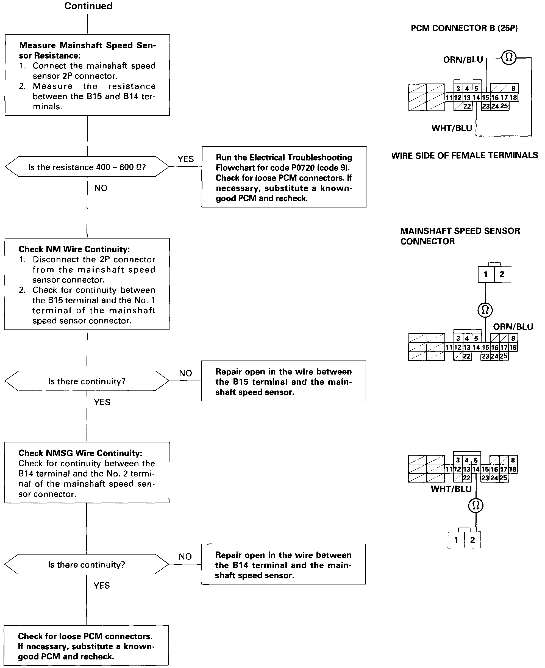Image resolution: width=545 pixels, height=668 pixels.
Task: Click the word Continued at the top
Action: pyautogui.click(x=88, y=6)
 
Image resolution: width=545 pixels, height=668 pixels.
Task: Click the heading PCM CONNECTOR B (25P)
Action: pyautogui.click(x=464, y=28)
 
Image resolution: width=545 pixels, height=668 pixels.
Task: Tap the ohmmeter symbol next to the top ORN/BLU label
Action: pyautogui.click(x=508, y=57)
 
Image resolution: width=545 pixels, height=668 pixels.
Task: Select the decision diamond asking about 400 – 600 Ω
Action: pyautogui.click(x=87, y=167)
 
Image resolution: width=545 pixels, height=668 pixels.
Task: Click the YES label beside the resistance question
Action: pyautogui.click(x=185, y=159)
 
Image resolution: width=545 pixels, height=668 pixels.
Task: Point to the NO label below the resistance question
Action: pyautogui.click(x=101, y=188)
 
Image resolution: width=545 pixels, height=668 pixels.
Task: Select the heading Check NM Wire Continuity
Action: pyautogui.click(x=74, y=249)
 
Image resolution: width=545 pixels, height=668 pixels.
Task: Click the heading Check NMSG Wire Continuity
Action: pyautogui.click(x=80, y=453)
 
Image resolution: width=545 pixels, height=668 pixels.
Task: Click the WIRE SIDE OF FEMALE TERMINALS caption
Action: pyautogui.click(x=464, y=156)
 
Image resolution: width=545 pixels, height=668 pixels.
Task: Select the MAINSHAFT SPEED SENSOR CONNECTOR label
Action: pyautogui.click(x=460, y=236)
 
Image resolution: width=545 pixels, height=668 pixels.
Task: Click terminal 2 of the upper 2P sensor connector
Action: pyautogui.click(x=502, y=275)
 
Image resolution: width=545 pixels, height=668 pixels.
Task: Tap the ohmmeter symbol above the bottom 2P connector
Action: pyautogui.click(x=476, y=505)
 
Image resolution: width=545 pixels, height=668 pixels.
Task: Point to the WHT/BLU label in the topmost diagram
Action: pyautogui.click(x=452, y=128)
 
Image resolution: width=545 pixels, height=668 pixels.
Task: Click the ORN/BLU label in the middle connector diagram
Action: pyautogui.click(x=513, y=327)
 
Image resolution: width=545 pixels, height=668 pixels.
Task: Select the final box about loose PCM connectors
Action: pyautogui.click(x=86, y=646)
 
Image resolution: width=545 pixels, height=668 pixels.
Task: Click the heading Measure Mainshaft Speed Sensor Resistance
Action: pyautogui.click(x=87, y=50)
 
